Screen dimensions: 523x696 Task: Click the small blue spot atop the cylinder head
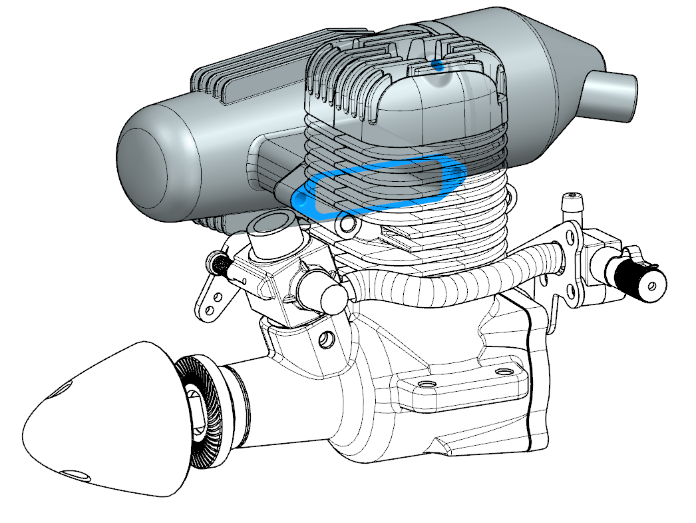[437, 65]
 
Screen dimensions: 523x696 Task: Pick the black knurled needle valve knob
[641, 277]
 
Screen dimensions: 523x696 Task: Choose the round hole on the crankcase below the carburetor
[327, 340]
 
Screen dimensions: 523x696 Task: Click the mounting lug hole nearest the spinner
[425, 386]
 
